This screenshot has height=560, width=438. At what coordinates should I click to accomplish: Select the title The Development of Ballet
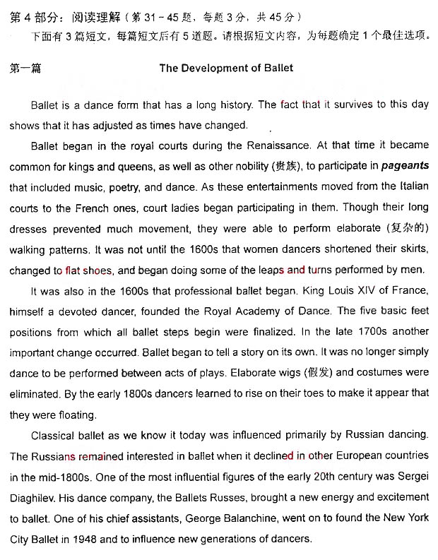[x=226, y=68]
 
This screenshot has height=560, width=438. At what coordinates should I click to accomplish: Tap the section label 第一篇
[x=26, y=68]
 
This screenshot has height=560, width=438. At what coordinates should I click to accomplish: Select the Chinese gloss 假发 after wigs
[x=314, y=372]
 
